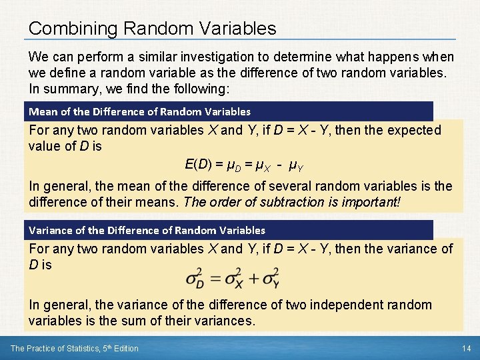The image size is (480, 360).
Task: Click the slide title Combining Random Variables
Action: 152,29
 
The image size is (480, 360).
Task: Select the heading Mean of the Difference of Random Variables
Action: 139,111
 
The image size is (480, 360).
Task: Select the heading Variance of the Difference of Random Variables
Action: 147,230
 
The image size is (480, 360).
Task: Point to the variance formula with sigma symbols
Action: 233,278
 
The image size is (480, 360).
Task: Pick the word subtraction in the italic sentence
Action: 283,201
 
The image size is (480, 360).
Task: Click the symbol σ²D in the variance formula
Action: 195,278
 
